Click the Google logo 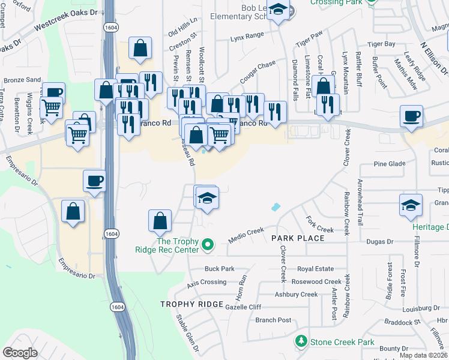click(x=20, y=353)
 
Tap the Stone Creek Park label click(x=342, y=343)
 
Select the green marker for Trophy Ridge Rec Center click(x=208, y=244)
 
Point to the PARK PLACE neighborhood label click(x=298, y=238)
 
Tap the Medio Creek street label click(x=246, y=235)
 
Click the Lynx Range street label click(x=247, y=36)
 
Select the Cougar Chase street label click(x=258, y=71)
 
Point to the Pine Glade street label click(x=390, y=163)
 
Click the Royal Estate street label click(x=315, y=269)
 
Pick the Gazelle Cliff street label click(x=243, y=307)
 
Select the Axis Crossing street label click(x=206, y=282)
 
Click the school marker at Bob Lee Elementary click(x=278, y=10)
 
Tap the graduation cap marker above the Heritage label click(x=411, y=205)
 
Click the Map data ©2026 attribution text click(x=423, y=355)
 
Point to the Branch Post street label click(x=273, y=320)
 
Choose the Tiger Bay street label click(x=381, y=44)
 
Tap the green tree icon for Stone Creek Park click(x=302, y=342)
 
